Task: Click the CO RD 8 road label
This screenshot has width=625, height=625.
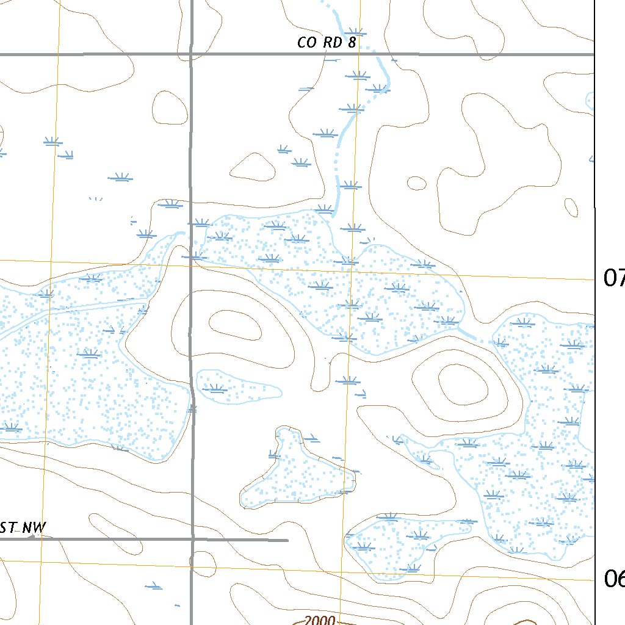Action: [326, 43]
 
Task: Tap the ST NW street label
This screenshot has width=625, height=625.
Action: [23, 528]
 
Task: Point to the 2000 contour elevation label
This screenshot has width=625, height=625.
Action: [319, 620]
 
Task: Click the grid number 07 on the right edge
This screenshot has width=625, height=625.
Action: [613, 278]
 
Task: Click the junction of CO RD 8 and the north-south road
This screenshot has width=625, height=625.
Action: [191, 54]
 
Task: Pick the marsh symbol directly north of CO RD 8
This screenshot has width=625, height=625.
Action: [355, 32]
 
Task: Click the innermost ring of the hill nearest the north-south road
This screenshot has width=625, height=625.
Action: [235, 324]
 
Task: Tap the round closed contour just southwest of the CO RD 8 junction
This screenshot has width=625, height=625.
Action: [169, 108]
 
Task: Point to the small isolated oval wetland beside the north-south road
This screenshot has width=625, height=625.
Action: [238, 386]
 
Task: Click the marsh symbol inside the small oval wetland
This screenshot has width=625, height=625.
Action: [215, 388]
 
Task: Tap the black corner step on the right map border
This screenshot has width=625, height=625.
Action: [595, 207]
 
